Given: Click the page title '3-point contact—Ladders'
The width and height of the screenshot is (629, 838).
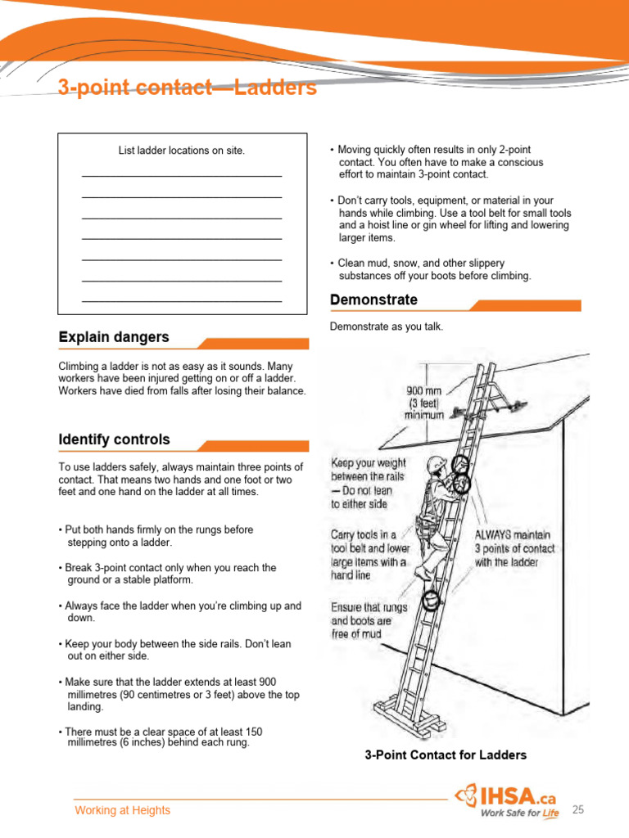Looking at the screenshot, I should (188, 88).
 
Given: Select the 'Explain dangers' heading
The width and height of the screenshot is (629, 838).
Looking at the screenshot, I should (114, 337).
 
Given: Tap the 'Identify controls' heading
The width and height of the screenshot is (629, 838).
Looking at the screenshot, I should (115, 439).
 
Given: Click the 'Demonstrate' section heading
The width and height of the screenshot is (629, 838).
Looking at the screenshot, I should (373, 300).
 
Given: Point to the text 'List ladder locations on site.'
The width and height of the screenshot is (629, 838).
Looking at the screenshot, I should (182, 151).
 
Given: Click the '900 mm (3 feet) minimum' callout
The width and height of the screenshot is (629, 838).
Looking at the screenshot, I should (424, 403).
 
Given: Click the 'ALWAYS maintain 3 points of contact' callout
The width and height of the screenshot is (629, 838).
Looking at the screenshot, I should (514, 548).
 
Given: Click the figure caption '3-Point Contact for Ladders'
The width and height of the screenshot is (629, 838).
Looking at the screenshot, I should (446, 755).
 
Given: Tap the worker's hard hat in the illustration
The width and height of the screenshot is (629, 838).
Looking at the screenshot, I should (435, 465).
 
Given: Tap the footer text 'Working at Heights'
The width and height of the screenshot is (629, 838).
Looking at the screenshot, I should (123, 810).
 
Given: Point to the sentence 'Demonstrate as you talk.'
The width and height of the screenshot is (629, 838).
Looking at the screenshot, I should (387, 327).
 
